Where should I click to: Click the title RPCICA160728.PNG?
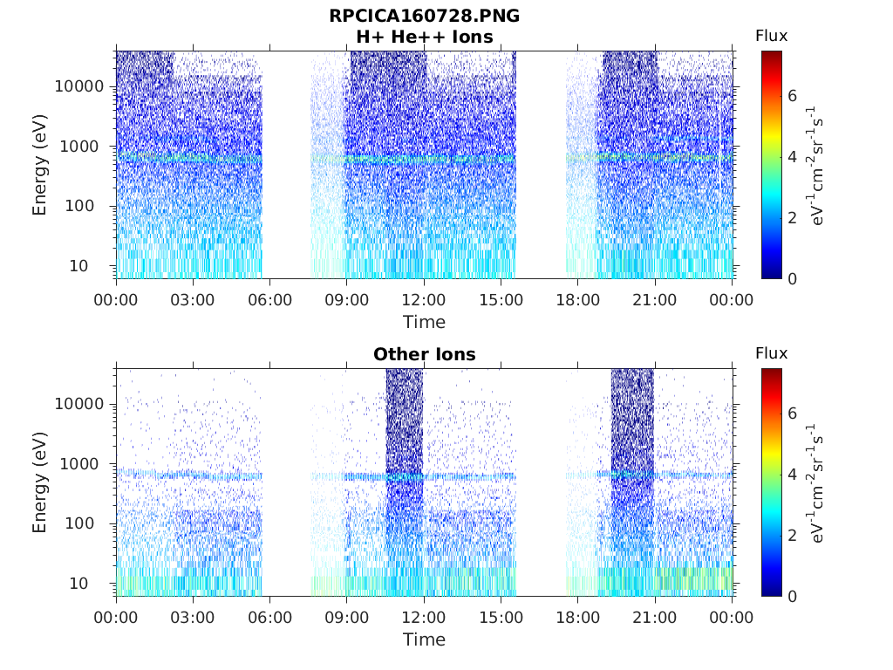click(424, 16)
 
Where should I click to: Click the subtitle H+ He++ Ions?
click(424, 37)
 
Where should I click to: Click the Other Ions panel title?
click(424, 354)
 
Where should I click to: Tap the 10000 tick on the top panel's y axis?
click(79, 86)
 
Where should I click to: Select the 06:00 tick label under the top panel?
click(269, 300)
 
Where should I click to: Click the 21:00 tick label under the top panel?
click(655, 300)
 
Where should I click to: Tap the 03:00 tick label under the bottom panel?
click(193, 618)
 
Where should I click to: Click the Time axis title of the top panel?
click(424, 322)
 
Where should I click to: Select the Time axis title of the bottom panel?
click(424, 639)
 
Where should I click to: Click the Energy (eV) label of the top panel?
click(40, 165)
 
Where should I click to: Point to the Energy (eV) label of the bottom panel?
click(40, 482)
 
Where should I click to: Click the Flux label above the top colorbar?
click(771, 36)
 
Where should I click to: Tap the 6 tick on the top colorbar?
click(792, 95)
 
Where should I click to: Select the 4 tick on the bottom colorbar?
click(792, 475)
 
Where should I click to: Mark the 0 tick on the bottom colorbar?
click(792, 596)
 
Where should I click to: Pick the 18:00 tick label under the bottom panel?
click(578, 618)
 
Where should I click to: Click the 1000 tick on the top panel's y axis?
click(84, 147)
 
